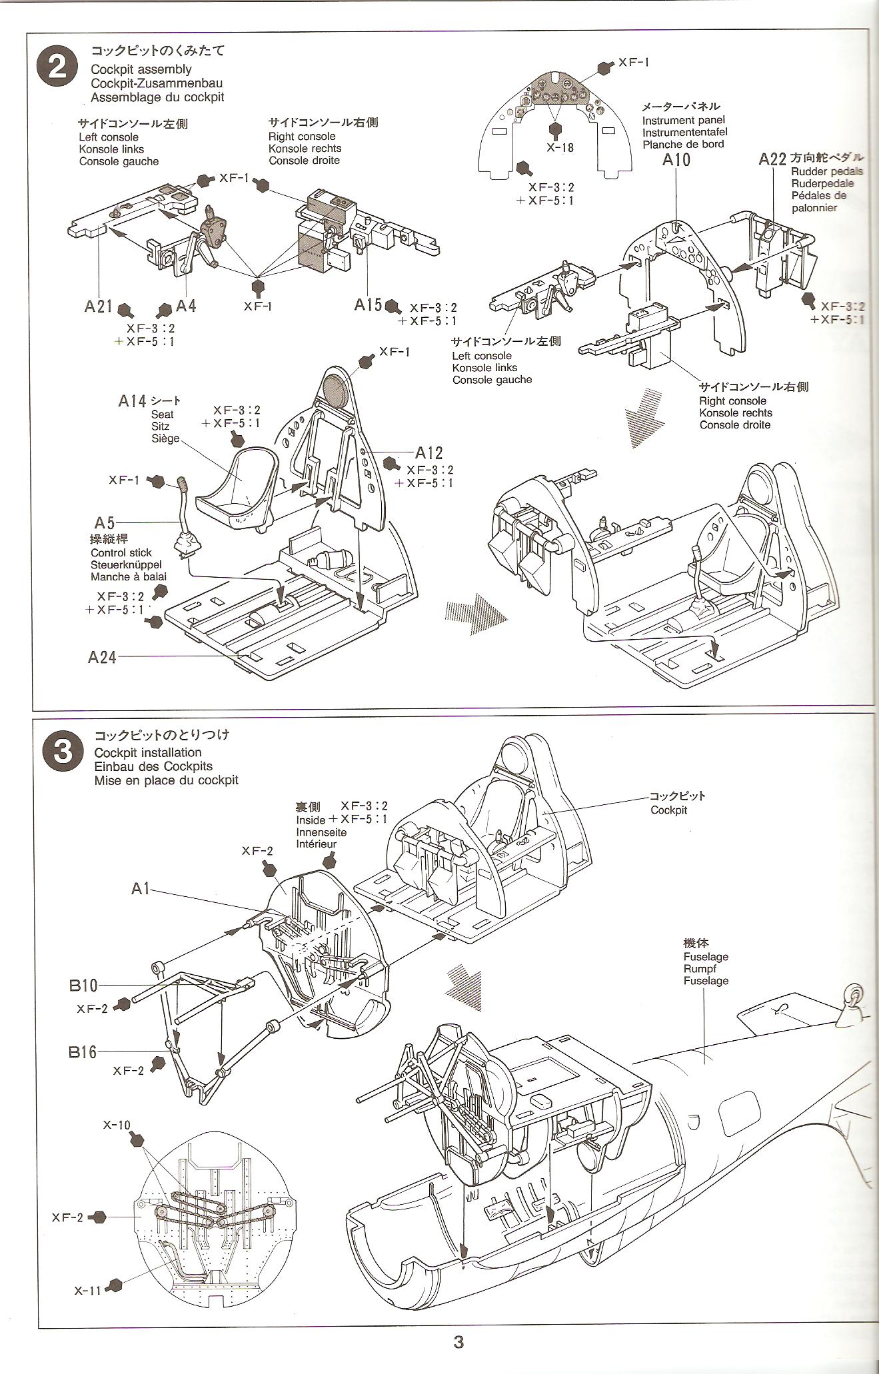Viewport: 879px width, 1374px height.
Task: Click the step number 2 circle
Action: pyautogui.click(x=58, y=69)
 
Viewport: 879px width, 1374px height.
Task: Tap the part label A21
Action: pyautogui.click(x=99, y=306)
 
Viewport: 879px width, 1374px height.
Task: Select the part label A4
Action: pyautogui.click(x=186, y=306)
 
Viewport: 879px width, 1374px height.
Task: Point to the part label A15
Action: pyautogui.click(x=368, y=305)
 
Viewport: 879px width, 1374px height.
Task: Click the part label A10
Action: pyautogui.click(x=676, y=159)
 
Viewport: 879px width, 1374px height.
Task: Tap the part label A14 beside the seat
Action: pyautogui.click(x=132, y=400)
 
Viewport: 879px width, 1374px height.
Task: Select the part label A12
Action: pyautogui.click(x=429, y=453)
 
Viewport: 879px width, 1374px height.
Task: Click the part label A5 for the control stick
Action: pyautogui.click(x=105, y=523)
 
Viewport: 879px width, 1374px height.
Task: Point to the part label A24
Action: pyautogui.click(x=102, y=657)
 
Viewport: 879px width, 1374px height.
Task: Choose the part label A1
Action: pyautogui.click(x=140, y=888)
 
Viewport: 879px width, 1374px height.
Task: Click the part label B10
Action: pyautogui.click(x=83, y=985)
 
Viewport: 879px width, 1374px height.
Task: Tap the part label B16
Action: pyautogui.click(x=83, y=1052)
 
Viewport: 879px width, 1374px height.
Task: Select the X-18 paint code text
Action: pyautogui.click(x=560, y=148)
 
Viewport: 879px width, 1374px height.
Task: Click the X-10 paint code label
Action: pyautogui.click(x=117, y=1125)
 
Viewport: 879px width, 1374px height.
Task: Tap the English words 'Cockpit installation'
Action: pyautogui.click(x=147, y=752)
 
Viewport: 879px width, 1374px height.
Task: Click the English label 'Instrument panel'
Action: pyautogui.click(x=682, y=121)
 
